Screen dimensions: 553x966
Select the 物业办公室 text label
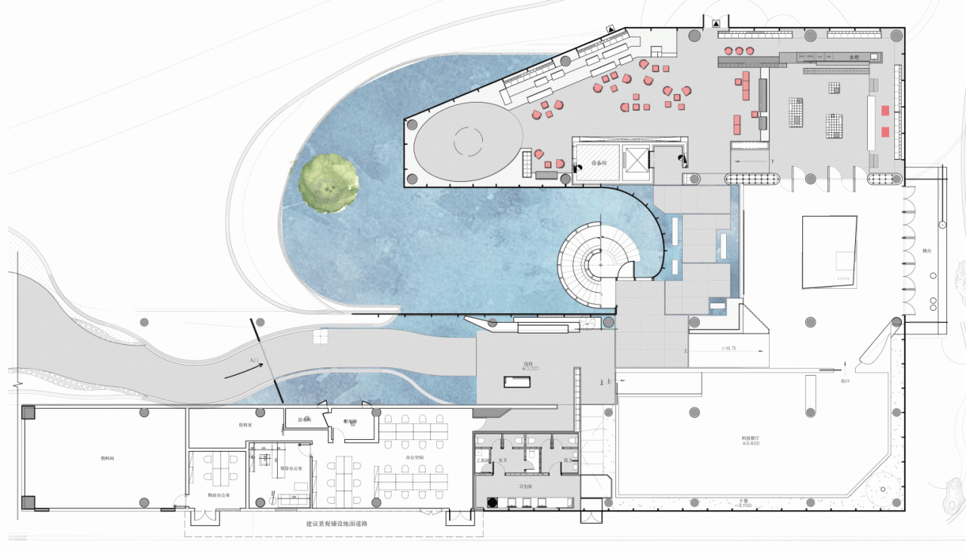218,496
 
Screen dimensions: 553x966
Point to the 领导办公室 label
291,469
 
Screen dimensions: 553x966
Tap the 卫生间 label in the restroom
524,487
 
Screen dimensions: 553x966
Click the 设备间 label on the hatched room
599,162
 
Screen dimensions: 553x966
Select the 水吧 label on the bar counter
854,57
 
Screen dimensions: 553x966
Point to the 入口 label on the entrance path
254,361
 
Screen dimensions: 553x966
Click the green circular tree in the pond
329,182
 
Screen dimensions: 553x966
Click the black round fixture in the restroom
492,501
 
